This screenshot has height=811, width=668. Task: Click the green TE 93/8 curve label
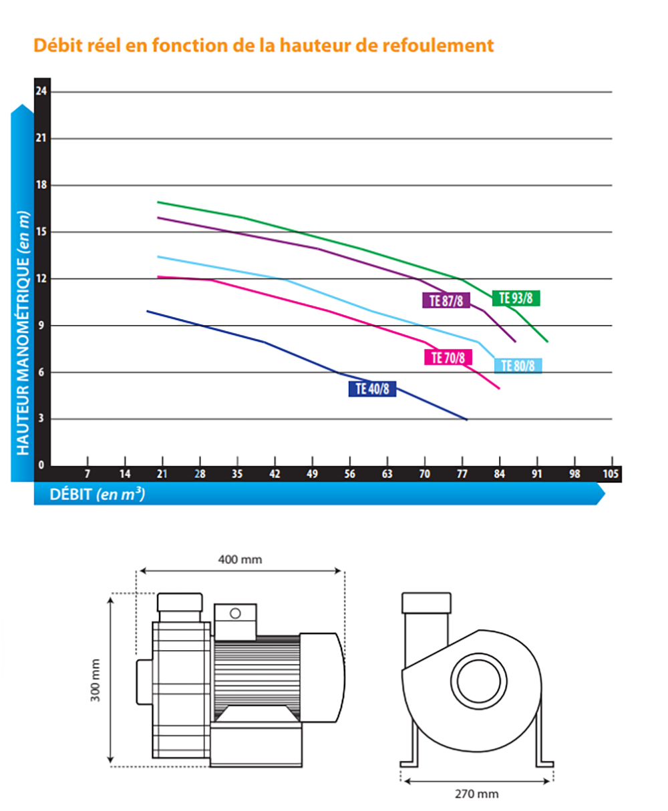click(516, 298)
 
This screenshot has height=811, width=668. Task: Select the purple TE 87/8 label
click(446, 300)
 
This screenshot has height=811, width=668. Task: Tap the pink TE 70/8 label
click(448, 357)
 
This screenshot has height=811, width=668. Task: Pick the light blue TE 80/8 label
click(518, 366)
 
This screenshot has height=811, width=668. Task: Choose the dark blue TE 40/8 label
click(372, 388)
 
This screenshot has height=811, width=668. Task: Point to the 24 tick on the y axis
click(41, 91)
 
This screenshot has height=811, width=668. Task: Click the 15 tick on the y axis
click(41, 232)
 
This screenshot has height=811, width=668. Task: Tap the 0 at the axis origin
click(41, 465)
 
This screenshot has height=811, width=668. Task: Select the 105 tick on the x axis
click(611, 474)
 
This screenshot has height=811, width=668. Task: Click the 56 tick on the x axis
click(350, 474)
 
